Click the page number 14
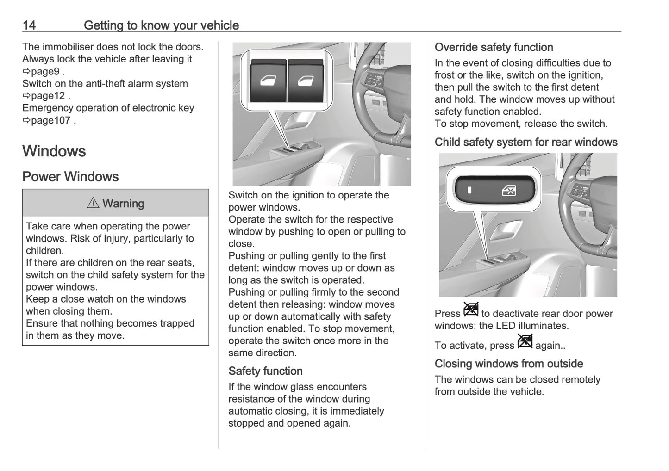pyautogui.click(x=29, y=25)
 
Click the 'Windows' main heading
pyautogui.click(x=54, y=151)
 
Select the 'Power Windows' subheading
pyautogui.click(x=70, y=177)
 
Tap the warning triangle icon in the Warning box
pyautogui.click(x=93, y=203)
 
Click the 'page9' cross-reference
pyautogui.click(x=44, y=71)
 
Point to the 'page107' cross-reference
pyautogui.click(x=50, y=120)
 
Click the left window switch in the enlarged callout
pyautogui.click(x=268, y=81)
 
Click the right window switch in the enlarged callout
pyautogui.click(x=305, y=81)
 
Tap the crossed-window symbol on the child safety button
pyautogui.click(x=509, y=190)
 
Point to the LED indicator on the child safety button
pyautogui.click(x=469, y=190)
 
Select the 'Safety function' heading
pyautogui.click(x=265, y=371)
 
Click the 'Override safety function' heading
pyautogui.click(x=494, y=47)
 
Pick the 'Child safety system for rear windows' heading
pyautogui.click(x=526, y=142)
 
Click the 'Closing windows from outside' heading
pyautogui.click(x=508, y=364)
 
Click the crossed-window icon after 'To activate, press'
pyautogui.click(x=525, y=341)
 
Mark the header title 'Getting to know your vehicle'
pyautogui.click(x=161, y=25)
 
